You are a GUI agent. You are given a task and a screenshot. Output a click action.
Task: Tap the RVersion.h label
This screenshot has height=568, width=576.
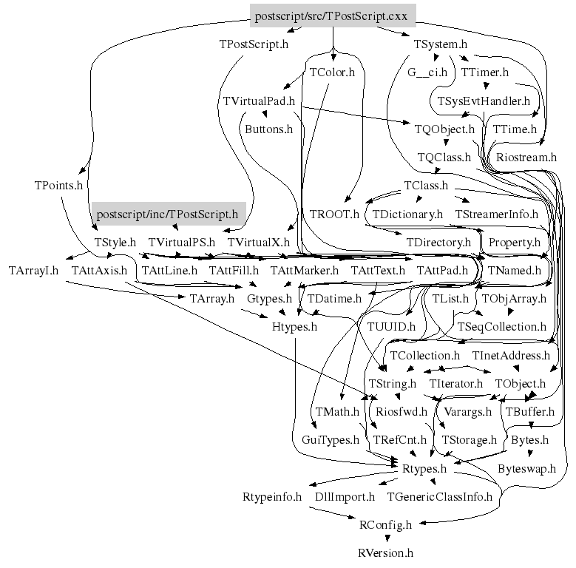384,552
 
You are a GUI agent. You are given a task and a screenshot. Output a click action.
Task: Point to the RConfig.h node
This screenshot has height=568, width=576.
384,524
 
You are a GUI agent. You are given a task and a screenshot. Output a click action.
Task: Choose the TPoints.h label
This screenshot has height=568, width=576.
58,185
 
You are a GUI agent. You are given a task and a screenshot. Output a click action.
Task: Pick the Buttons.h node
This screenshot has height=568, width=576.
269,129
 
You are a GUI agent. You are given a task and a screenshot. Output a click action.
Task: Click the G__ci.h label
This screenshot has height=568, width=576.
427,72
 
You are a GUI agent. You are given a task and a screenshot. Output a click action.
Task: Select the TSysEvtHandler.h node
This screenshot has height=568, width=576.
484,101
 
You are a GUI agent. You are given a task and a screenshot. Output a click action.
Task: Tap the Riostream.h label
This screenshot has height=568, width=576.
526,157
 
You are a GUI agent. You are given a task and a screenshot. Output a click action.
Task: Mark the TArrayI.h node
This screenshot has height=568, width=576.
33,271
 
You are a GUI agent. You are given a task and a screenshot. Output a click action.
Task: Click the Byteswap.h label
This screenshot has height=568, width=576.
526,468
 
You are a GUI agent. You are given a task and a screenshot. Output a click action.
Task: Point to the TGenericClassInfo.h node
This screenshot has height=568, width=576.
439,496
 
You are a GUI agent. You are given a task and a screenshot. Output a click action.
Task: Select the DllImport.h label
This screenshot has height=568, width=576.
345,496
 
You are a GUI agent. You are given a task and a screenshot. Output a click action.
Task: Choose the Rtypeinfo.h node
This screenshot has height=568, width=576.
272,496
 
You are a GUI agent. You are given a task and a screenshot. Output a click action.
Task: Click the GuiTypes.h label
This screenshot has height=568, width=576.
330,440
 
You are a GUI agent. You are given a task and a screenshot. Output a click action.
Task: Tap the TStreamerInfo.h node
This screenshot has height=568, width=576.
497,214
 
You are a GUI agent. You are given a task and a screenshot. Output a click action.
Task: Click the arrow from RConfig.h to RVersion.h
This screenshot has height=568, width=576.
384,538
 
